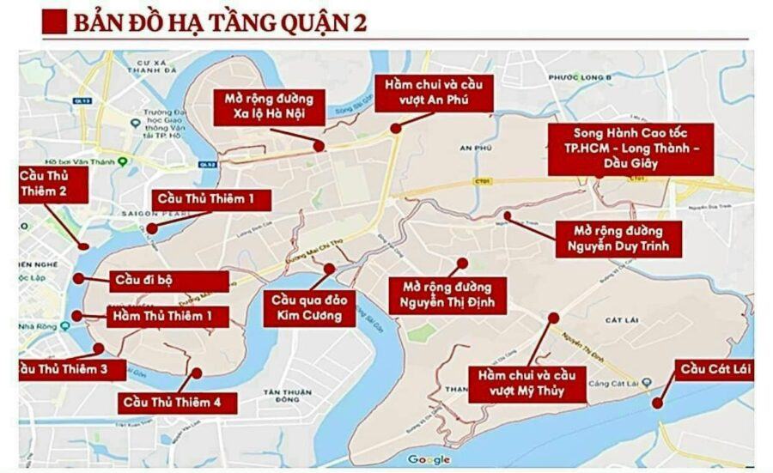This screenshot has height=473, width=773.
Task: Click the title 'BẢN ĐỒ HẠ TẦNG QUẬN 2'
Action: tap(219, 22)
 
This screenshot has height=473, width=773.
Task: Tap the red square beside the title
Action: tap(54, 21)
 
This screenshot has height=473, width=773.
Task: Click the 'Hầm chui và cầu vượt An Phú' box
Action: tap(433, 93)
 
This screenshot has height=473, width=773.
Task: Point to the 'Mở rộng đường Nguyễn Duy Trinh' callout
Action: tap(618, 239)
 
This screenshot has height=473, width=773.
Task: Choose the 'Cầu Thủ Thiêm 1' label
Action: tap(211, 200)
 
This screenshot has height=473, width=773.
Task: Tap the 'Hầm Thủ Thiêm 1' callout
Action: tap(169, 316)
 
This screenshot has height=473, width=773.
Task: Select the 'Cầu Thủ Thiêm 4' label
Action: tap(178, 401)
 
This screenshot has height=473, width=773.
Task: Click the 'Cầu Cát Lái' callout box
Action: tap(715, 371)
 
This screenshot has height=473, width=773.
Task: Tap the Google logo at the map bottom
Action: tap(429, 459)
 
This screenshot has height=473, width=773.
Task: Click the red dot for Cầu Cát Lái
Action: tap(657, 403)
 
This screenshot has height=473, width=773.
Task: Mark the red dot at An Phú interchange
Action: tap(395, 129)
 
